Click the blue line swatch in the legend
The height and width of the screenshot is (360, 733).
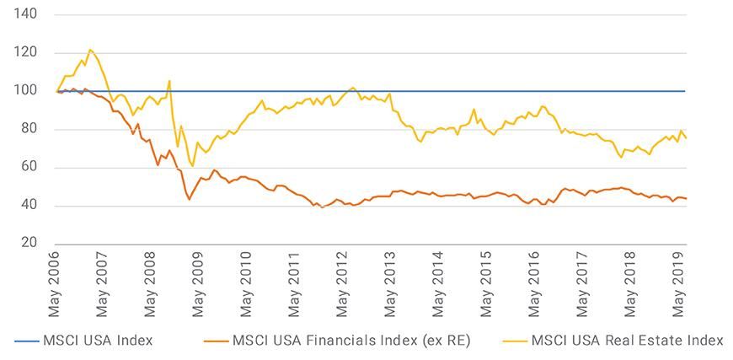coord(32,341)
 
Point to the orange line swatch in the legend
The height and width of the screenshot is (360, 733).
coord(217,341)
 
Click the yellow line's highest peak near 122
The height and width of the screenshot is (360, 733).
coord(90,50)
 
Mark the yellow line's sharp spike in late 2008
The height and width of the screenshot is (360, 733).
coord(169,81)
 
